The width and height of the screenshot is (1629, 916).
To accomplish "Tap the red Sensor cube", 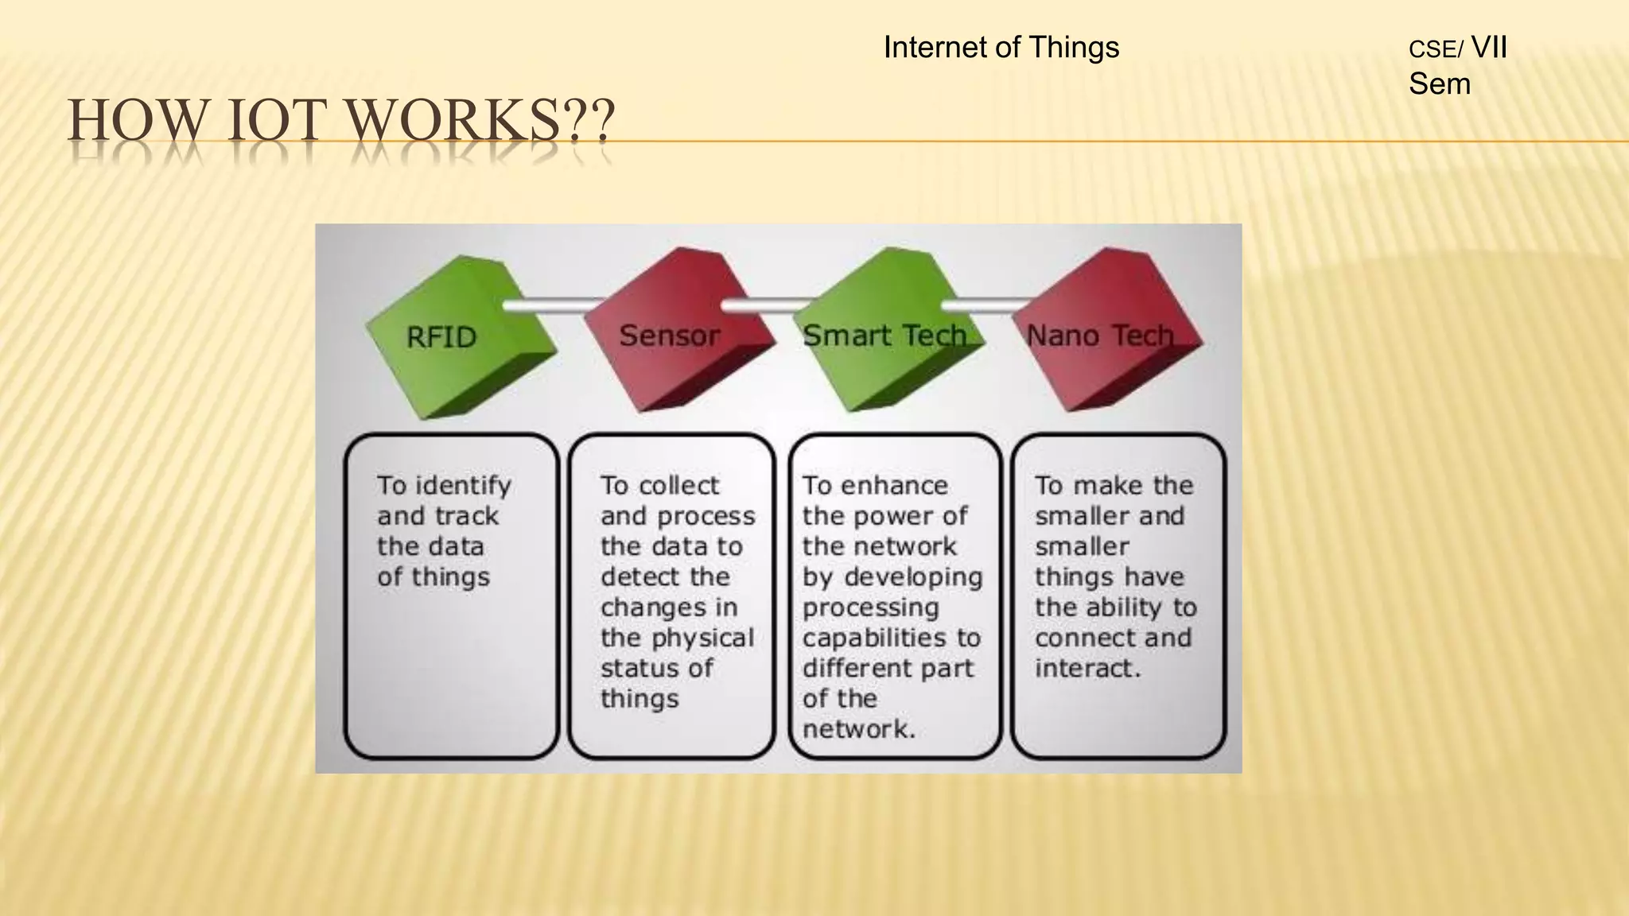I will [676, 334].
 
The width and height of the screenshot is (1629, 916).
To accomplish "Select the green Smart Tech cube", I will [887, 334].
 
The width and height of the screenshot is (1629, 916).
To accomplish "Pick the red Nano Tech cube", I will [1106, 334].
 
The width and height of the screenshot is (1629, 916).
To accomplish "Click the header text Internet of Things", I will [1001, 48].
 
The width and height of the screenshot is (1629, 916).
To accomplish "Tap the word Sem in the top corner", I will [1439, 84].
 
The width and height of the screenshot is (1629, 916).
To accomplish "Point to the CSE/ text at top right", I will [1435, 50].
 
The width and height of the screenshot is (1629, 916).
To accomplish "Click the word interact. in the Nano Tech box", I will [1087, 668].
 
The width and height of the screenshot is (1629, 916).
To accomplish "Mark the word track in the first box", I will [466, 516].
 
